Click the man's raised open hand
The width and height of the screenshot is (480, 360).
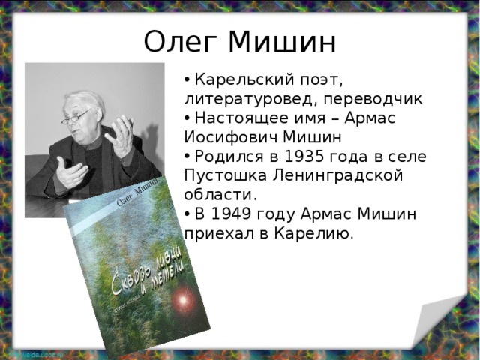(x=120, y=135)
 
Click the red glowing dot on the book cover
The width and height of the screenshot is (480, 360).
(x=183, y=302)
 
